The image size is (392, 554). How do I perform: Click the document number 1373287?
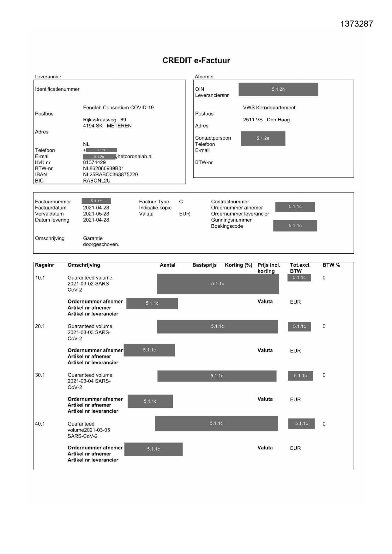click(357, 24)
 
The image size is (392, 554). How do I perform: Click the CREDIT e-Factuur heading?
click(196, 61)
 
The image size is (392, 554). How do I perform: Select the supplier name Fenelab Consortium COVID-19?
click(118, 108)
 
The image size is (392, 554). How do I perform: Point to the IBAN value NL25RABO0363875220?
click(110, 175)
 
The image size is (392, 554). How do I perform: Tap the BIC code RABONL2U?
click(97, 181)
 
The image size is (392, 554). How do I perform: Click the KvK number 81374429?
click(94, 162)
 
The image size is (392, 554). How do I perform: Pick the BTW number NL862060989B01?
click(103, 169)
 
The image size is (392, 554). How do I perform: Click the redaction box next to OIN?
click(278, 89)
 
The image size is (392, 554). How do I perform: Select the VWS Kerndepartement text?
click(269, 108)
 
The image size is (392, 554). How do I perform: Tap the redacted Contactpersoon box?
click(263, 138)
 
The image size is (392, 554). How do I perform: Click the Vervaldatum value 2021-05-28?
click(96, 214)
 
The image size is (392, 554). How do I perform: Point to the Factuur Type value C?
click(181, 202)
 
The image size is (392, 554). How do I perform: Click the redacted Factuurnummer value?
click(96, 201)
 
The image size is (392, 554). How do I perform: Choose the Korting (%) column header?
click(238, 265)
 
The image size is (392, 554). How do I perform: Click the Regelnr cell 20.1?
click(40, 327)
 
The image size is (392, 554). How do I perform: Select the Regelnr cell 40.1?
click(40, 424)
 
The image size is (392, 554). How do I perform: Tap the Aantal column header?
click(167, 265)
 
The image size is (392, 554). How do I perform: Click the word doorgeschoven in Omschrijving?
click(101, 244)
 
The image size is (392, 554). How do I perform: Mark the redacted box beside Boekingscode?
click(295, 226)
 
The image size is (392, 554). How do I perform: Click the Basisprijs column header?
click(204, 265)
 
